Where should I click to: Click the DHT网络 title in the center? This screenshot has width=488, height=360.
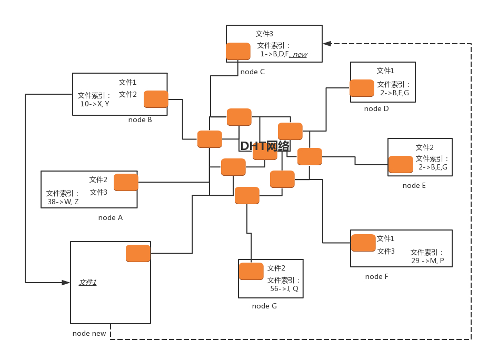tap(265, 146)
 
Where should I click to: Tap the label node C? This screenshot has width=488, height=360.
tap(252, 72)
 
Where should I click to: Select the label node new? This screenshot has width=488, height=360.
tap(89, 333)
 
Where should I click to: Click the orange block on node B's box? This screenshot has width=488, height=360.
tap(156, 99)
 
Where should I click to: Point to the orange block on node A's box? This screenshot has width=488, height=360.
tap(126, 182)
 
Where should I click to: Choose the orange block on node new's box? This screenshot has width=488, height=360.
tap(138, 253)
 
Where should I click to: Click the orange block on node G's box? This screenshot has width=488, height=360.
tap(251, 271)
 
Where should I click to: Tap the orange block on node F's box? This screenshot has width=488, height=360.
tap(363, 243)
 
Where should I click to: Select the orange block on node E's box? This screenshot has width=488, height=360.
tap(401, 164)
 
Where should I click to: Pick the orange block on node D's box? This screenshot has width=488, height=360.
tap(362, 88)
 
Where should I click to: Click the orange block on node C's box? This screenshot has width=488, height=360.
tap(238, 51)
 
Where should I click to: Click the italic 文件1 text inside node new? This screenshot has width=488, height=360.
tap(87, 283)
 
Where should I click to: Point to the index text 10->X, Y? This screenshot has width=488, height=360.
tap(95, 104)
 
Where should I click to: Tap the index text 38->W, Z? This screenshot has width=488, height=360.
tap(63, 202)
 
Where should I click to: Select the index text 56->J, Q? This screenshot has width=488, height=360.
tap(284, 288)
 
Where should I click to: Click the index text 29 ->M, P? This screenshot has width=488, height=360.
tap(427, 261)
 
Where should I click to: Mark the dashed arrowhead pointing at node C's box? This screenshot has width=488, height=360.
tap(327, 44)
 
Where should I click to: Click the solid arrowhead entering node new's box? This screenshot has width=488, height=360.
tap(66, 283)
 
